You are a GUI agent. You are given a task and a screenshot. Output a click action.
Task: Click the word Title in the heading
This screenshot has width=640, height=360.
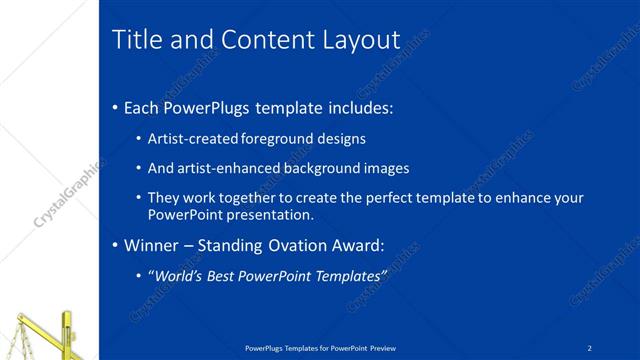[x=134, y=39]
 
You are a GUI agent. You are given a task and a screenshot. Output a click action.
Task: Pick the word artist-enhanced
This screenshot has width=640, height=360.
[x=227, y=168]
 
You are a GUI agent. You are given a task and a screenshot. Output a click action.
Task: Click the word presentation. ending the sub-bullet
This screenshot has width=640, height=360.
[x=271, y=214]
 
